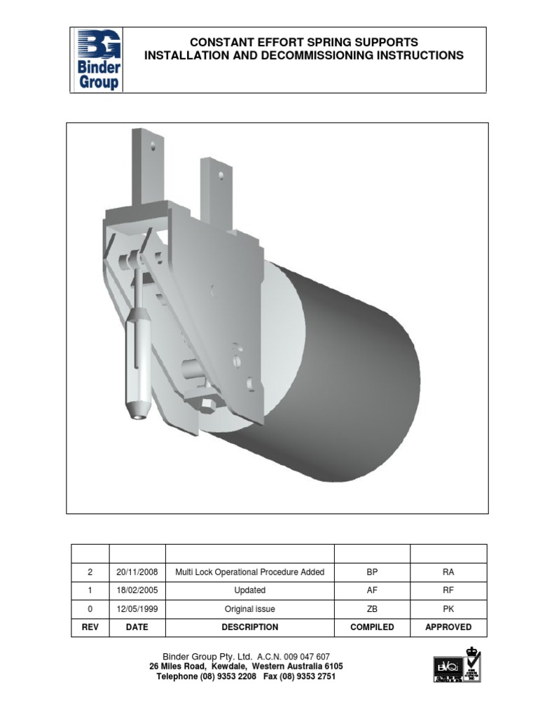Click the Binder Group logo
coord(98,60)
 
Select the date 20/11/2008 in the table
coord(137,572)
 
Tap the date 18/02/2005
coord(137,590)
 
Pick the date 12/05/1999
coord(137,609)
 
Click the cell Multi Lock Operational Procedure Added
coord(249,572)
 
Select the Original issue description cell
coord(249,609)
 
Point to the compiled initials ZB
coord(372,609)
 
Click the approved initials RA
coord(448,572)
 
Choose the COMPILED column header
coord(372,627)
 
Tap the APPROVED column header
coord(448,627)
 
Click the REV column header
coord(90,627)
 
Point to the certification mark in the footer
coord(456,664)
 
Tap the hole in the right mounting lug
coord(221,175)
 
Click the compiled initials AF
coord(372,590)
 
